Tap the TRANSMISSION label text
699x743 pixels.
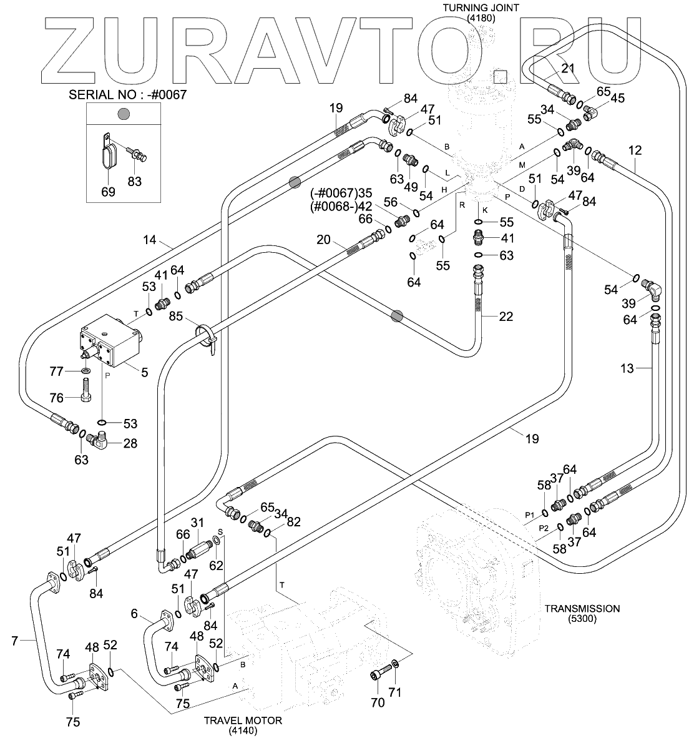pos(582,608)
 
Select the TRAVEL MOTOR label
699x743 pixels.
pos(243,721)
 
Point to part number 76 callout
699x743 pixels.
pos(57,398)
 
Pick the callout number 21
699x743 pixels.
pos(567,68)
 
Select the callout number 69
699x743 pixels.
pos(109,192)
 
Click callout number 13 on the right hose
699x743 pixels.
pos(627,368)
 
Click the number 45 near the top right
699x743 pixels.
pos(617,97)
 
